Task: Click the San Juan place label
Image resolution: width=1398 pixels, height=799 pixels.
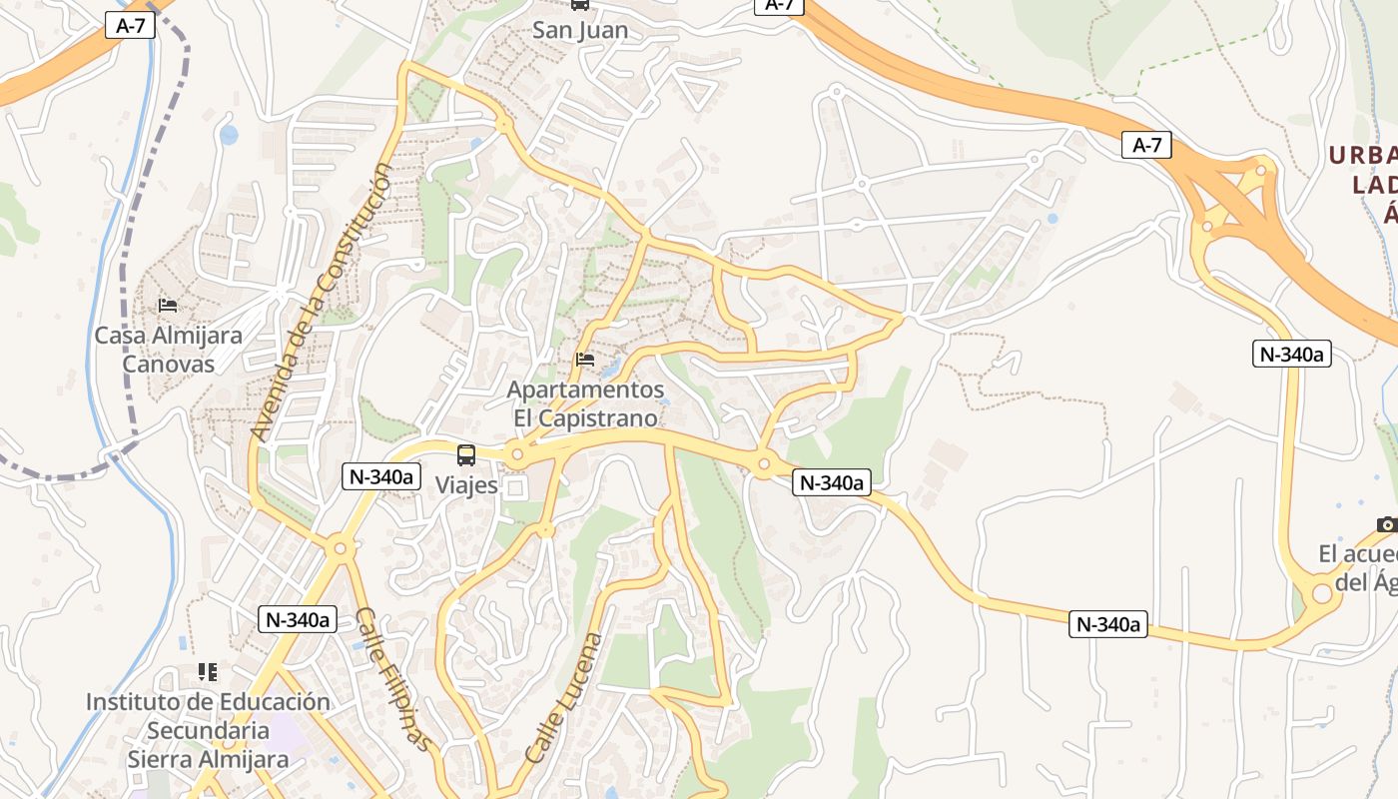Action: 580,30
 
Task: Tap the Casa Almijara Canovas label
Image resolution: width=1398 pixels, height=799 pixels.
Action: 168,349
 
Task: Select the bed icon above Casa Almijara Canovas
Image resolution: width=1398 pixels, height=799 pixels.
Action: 168,305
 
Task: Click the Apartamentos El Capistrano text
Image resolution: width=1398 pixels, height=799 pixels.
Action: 585,403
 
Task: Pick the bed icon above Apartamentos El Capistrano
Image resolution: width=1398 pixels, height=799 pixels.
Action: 585,359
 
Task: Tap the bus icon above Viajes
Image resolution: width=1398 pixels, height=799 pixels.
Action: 466,455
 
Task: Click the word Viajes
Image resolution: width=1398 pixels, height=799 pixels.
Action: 466,485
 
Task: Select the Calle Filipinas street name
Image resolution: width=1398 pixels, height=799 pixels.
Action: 395,679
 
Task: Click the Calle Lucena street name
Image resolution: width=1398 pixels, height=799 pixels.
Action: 564,698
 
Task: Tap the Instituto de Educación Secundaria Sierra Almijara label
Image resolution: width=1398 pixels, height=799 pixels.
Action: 208,730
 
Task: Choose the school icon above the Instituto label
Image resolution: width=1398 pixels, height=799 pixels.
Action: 208,671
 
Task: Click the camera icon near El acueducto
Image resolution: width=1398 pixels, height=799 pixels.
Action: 1386,524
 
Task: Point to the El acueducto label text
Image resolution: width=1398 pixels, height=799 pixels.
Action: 1358,567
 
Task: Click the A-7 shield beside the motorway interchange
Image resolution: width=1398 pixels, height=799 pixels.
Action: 1146,145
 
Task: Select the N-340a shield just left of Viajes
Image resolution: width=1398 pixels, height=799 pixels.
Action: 379,476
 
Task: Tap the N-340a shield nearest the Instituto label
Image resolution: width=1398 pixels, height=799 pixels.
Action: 297,619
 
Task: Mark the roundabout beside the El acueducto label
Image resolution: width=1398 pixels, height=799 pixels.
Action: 1322,593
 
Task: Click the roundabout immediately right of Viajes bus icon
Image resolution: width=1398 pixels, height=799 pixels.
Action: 516,455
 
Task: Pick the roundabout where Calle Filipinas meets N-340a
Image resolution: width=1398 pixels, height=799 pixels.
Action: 340,547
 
